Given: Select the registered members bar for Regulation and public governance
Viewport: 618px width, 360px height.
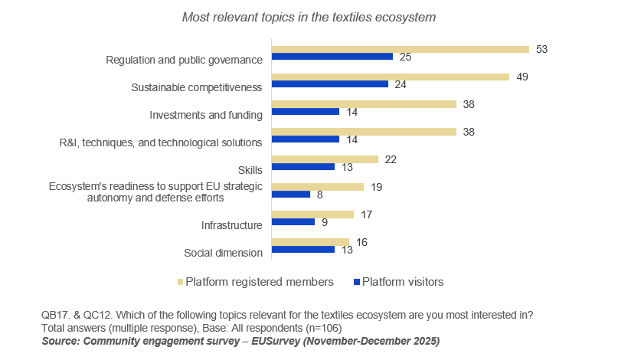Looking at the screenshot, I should pos(401,49).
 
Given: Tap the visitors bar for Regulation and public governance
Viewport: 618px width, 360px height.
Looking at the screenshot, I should pos(332,57).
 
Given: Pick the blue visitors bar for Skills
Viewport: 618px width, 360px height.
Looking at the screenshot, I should pos(303,166).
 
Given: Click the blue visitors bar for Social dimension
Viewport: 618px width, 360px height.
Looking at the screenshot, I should pos(303,249).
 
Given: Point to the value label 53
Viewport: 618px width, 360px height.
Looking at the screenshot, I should pos(542,49).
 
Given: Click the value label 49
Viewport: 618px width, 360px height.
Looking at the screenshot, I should pos(522,77).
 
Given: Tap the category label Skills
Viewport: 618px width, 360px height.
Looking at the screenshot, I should pos(250,169).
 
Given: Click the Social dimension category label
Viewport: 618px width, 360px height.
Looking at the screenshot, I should pos(224,253).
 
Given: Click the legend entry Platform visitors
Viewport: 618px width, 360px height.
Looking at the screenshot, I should pos(402,282).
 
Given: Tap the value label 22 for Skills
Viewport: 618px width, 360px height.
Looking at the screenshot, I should pos(391,159).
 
